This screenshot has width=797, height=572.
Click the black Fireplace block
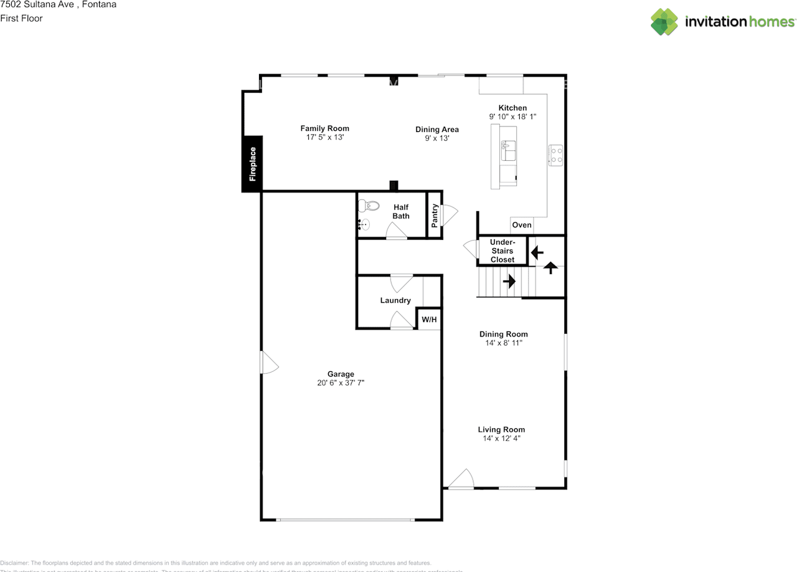252,163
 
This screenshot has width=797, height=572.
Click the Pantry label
435,216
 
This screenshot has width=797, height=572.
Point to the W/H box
429,320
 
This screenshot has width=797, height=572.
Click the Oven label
521,225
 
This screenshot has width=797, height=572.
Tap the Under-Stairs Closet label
502,250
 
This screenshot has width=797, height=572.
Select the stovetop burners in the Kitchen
555,155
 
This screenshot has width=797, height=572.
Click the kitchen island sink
507,150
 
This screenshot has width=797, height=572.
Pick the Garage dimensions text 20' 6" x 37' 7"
340,383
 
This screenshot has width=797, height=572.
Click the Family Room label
324,128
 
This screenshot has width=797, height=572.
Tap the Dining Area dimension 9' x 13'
437,138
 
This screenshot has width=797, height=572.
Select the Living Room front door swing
461,479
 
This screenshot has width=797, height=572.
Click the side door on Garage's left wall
268,363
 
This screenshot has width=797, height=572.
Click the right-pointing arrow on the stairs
509,281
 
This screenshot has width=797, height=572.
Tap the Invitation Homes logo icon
664,22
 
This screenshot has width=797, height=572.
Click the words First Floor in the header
21,18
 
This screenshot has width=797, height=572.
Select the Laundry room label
395,300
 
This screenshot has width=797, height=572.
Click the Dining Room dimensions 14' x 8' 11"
503,343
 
